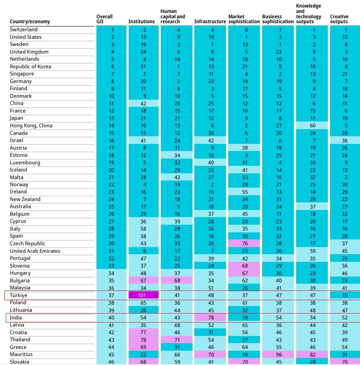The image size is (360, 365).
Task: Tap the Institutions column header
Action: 142,21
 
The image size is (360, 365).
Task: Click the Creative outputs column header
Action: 339,19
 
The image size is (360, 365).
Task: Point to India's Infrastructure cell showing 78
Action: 211,318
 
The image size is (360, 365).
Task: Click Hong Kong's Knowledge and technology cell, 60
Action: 312,126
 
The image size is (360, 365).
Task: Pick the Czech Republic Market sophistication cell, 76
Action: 244,243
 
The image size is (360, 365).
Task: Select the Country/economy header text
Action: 30,21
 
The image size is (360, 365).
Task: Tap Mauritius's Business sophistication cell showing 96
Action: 278,354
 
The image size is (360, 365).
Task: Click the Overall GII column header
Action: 105,19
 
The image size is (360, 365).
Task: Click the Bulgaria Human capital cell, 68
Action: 177,281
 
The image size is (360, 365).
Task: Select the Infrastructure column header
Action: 210,21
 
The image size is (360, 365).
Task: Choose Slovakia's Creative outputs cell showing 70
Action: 345,361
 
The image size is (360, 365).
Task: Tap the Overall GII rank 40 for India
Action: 112,318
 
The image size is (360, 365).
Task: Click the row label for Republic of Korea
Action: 30,67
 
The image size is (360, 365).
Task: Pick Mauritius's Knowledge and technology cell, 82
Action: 312,354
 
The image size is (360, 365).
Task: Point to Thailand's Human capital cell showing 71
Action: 177,340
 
